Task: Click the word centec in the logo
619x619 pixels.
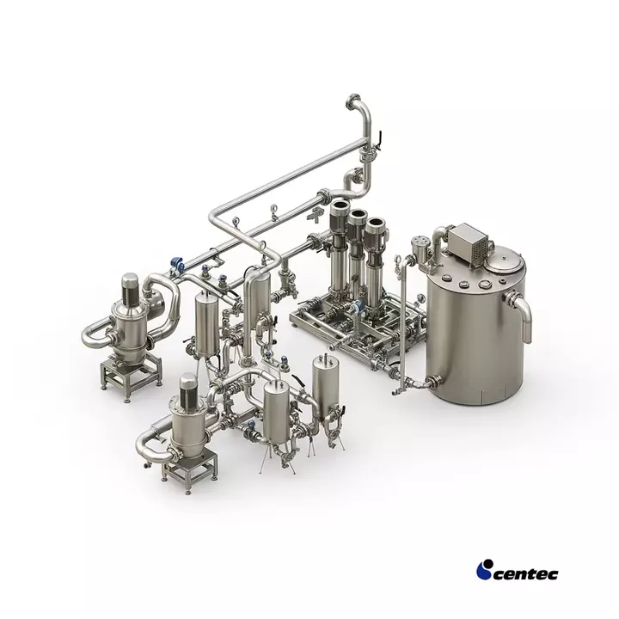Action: click(x=525, y=574)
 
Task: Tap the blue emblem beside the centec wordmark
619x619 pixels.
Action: click(x=484, y=570)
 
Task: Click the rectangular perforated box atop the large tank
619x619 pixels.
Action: click(x=467, y=241)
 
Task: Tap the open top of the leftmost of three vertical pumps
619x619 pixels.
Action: click(x=340, y=205)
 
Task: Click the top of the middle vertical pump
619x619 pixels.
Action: click(x=357, y=215)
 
